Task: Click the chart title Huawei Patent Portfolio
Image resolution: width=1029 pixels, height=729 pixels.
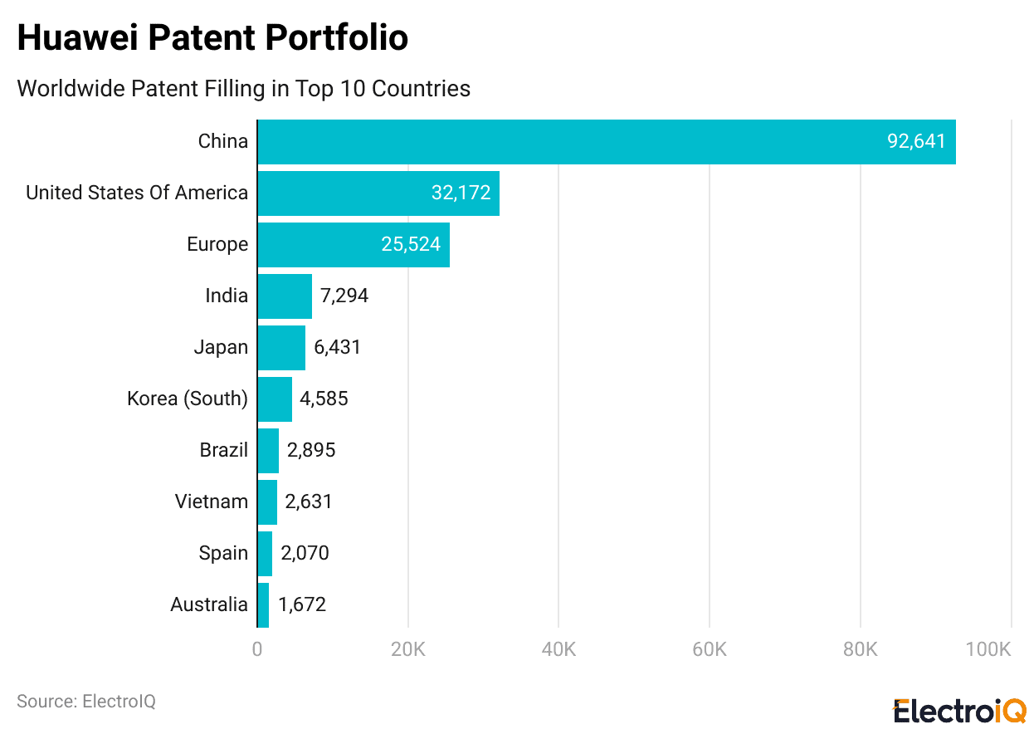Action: [x=212, y=38]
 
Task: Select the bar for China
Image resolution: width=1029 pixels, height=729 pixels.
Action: [x=606, y=142]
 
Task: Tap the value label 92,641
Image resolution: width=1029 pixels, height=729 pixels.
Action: [x=916, y=142]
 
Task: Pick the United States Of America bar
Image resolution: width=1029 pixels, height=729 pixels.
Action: [x=378, y=193]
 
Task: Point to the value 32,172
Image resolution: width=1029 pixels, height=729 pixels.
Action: [x=461, y=193]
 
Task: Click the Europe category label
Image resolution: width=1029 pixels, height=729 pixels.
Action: [x=217, y=245]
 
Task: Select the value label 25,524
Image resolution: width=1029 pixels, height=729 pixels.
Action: [x=411, y=245]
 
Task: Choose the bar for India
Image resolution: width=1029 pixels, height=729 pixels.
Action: [x=285, y=296]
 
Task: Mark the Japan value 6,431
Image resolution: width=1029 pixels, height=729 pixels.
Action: [x=337, y=348]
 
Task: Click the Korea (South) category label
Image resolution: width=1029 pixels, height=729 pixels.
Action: [x=188, y=399]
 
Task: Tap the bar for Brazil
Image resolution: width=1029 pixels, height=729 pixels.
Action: [x=268, y=451]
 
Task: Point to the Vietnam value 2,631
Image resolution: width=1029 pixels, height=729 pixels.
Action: [x=309, y=502]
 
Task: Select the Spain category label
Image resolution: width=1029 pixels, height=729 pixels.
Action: [x=223, y=554]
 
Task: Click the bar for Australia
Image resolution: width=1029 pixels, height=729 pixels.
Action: [x=263, y=605]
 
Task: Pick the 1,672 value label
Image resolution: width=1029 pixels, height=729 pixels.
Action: [x=302, y=605]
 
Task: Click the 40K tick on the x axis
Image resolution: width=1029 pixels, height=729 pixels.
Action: [x=558, y=649]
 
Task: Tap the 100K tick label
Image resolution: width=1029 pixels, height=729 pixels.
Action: [x=988, y=649]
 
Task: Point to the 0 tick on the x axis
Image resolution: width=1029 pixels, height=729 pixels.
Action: [x=257, y=649]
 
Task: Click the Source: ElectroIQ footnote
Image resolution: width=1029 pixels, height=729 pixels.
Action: [x=86, y=702]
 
